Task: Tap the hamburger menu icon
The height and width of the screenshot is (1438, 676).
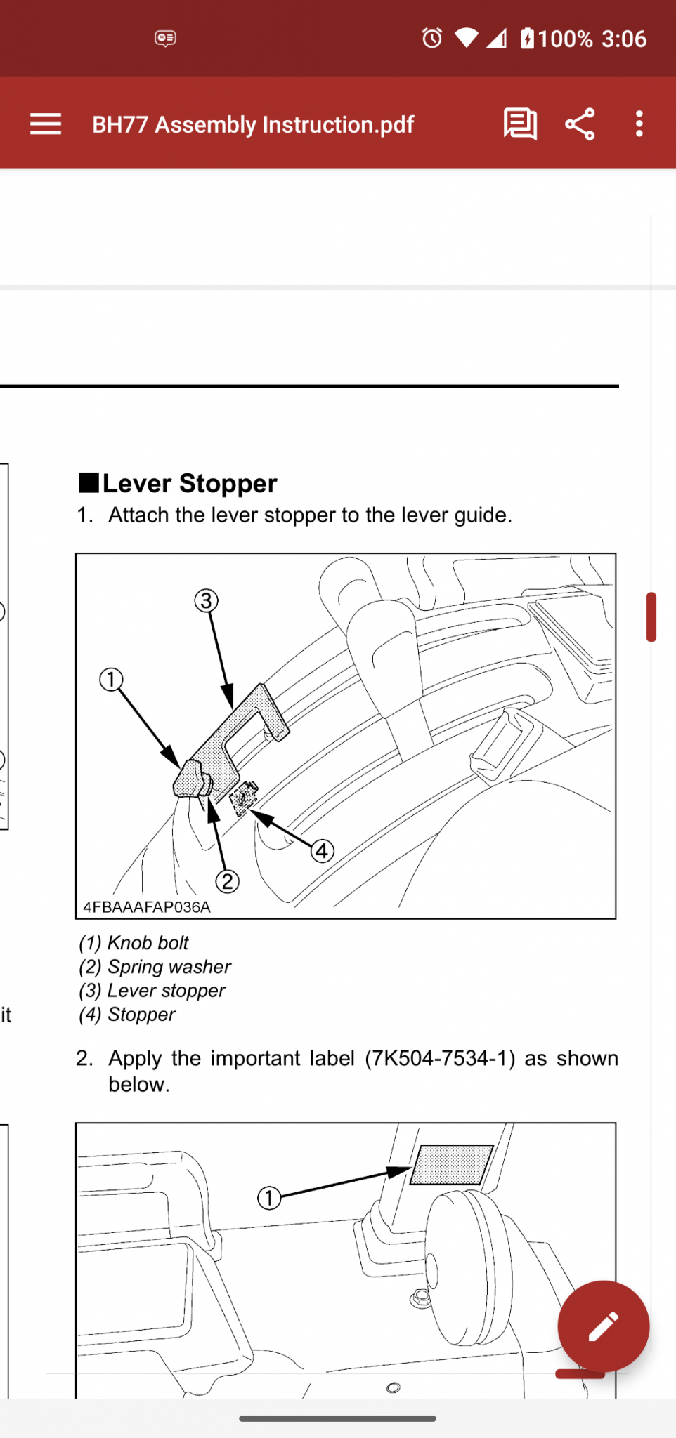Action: [46, 124]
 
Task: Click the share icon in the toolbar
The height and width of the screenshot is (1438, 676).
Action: [580, 124]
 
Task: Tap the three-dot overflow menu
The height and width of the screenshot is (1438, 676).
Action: [639, 124]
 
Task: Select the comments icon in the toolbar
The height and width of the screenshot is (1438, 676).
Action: [520, 124]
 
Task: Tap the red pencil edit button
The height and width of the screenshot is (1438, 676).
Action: [603, 1326]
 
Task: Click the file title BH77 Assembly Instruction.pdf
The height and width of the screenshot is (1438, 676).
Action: [253, 125]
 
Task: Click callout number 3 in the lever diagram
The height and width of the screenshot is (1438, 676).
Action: [206, 601]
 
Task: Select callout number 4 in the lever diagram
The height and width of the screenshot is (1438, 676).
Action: [322, 851]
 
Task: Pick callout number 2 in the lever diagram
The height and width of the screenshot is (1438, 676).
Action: [227, 881]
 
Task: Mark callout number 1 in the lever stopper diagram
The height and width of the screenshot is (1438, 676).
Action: [111, 680]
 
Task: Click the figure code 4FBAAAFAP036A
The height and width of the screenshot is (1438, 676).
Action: [147, 907]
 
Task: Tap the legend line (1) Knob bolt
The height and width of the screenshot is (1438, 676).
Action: [134, 942]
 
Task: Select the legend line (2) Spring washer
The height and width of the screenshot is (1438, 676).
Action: [155, 967]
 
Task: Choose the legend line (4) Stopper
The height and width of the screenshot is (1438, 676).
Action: [127, 1015]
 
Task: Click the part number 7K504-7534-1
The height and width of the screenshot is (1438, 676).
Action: [440, 1058]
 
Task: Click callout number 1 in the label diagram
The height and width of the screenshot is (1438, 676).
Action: [269, 1197]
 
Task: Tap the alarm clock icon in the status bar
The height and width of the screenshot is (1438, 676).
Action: [432, 38]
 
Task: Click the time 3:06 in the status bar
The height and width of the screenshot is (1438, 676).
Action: [624, 39]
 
